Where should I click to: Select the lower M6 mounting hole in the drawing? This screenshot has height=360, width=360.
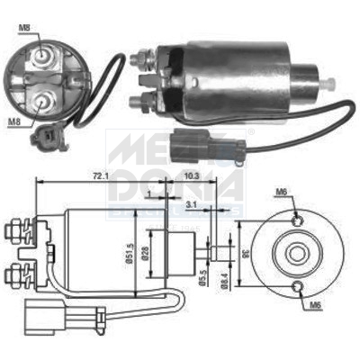[297, 286]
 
